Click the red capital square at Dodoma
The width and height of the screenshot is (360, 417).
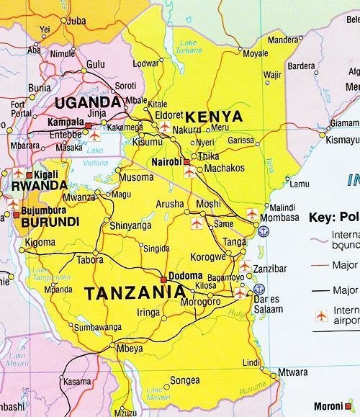[x=163, y=279]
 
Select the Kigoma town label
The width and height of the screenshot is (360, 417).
[x=40, y=243]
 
